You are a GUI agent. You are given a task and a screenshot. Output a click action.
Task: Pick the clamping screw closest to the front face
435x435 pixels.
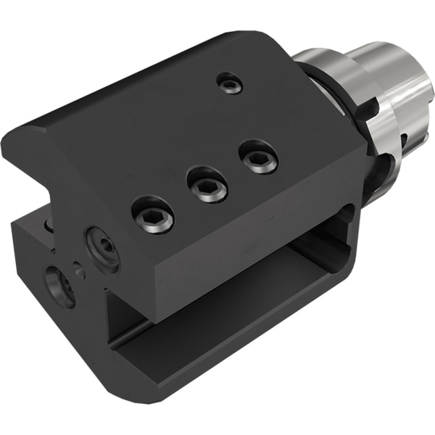tap(153, 215)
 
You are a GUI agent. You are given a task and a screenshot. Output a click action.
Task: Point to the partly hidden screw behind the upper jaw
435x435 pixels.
tap(49, 226)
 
